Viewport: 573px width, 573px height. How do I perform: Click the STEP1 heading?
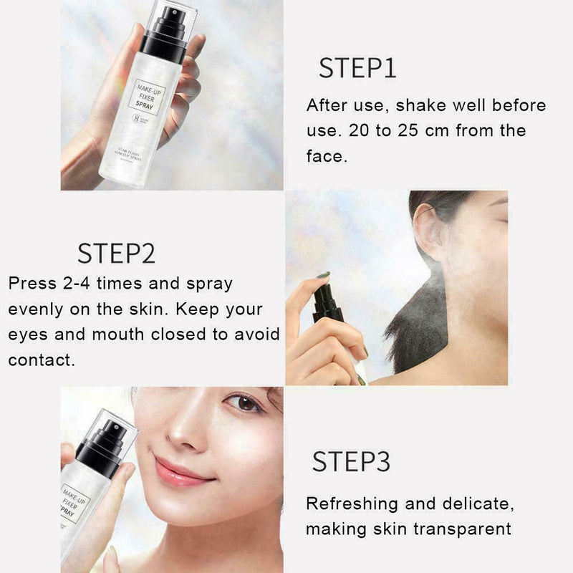(357, 68)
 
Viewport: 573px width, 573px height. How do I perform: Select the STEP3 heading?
(352, 462)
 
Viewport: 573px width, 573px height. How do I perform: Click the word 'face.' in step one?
(326, 156)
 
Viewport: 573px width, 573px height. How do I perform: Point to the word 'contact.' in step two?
(42, 360)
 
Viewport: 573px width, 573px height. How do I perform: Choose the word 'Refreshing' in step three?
(350, 504)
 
